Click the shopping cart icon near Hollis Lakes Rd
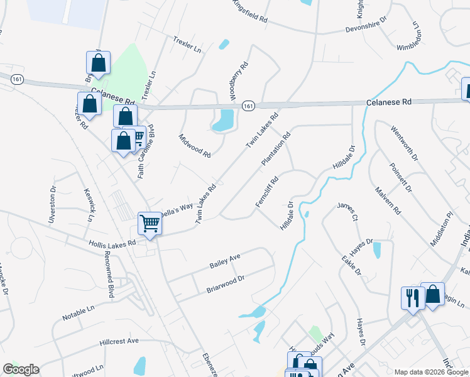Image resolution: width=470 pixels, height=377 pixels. point(150,222)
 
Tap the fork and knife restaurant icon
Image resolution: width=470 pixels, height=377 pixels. point(412,298)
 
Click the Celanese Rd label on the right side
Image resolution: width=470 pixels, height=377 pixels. point(389,102)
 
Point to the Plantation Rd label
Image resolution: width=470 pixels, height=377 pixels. point(276,149)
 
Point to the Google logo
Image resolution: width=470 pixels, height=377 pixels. point(21,369)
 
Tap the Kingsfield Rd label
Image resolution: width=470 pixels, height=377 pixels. point(250,13)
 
